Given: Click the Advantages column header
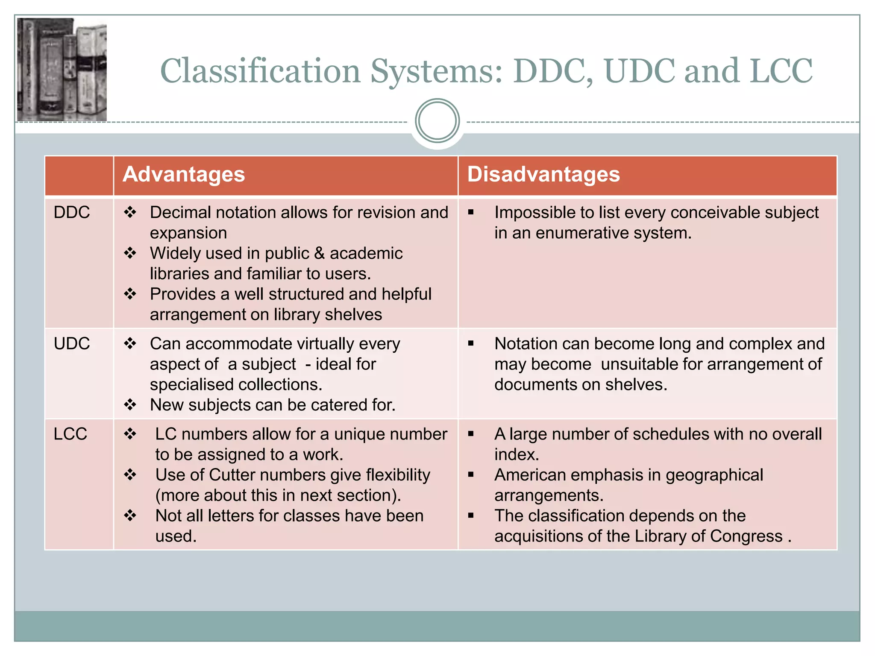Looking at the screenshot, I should pyautogui.click(x=184, y=175).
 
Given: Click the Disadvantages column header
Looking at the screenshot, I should pyautogui.click(x=543, y=175).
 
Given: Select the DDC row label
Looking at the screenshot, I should pyautogui.click(x=72, y=212).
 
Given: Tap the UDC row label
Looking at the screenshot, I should pyautogui.click(x=72, y=343).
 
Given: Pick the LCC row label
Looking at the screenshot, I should pyautogui.click(x=70, y=434).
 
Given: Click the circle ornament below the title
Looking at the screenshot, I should pyautogui.click(x=437, y=121).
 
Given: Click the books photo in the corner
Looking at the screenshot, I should pyautogui.click(x=62, y=70).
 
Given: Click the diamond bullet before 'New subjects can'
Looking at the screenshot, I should pyautogui.click(x=130, y=404).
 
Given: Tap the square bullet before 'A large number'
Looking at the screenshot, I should pyautogui.click(x=471, y=434).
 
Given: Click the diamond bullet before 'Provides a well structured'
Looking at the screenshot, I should pyautogui.click(x=130, y=294).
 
